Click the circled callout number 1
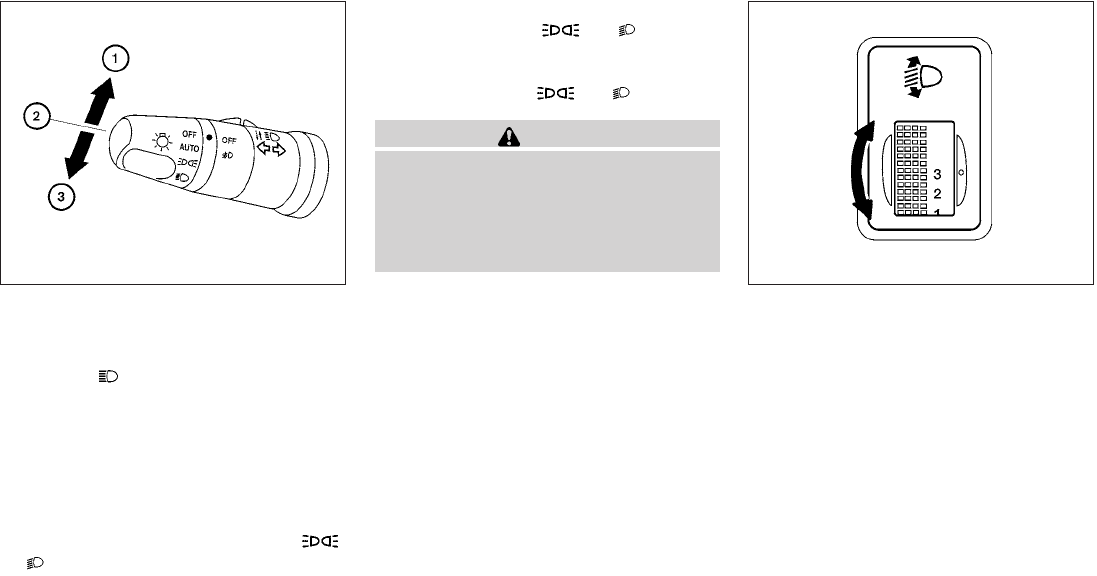(115, 59)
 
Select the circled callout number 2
(36, 117)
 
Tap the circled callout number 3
(61, 197)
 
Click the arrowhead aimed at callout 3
(73, 166)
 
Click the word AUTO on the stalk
(189, 148)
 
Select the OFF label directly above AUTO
(190, 134)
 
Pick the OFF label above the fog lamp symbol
(229, 141)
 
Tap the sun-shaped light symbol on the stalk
(162, 143)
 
